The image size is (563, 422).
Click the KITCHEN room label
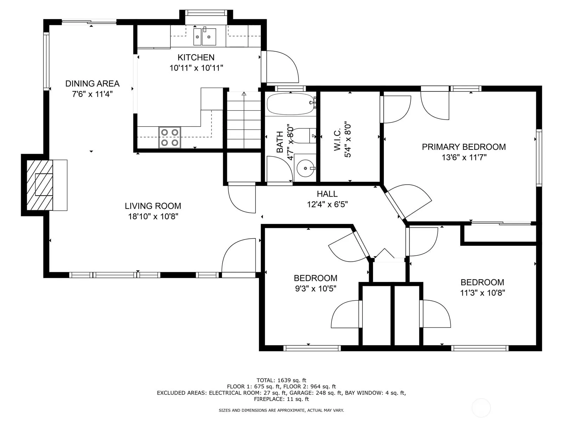(x=196, y=57)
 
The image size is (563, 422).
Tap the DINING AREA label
(x=92, y=84)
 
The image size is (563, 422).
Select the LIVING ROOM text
(x=153, y=206)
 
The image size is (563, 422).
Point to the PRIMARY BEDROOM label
(x=464, y=147)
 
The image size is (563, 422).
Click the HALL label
(x=327, y=194)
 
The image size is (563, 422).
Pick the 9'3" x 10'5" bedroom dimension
(x=316, y=288)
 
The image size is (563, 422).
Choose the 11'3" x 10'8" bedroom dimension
(x=482, y=293)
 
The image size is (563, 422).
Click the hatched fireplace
(x=40, y=185)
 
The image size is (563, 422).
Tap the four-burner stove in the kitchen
(x=170, y=138)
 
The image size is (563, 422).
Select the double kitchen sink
(x=204, y=37)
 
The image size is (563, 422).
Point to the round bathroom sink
(x=305, y=168)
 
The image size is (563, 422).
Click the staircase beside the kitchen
(x=243, y=120)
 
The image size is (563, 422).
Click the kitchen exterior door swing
(x=280, y=66)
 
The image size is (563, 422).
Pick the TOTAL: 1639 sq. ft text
(x=281, y=380)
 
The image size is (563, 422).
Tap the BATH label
(x=280, y=142)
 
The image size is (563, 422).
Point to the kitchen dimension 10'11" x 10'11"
(x=196, y=68)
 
